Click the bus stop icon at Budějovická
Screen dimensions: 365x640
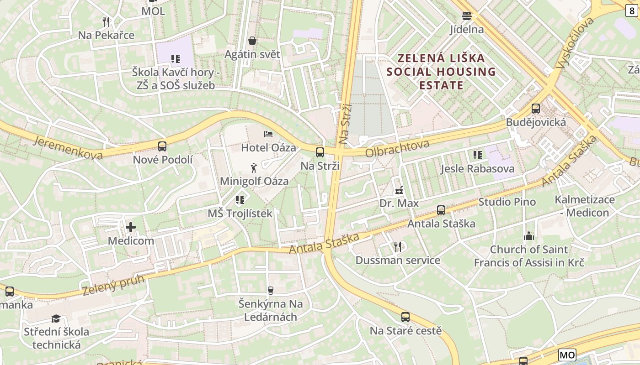tap(536, 109)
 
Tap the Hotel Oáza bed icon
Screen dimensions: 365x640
tap(268, 134)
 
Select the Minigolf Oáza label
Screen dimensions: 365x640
tap(254, 181)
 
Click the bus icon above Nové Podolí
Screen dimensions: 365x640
tap(162, 146)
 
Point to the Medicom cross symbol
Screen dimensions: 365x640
tap(131, 227)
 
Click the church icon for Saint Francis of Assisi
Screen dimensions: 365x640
tap(529, 236)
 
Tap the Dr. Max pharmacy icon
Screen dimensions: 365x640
tap(399, 190)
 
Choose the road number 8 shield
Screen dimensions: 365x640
tap(632, 11)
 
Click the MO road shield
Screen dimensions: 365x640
tap(567, 355)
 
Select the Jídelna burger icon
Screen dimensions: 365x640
tap(466, 16)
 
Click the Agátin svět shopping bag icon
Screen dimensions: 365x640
tap(252, 41)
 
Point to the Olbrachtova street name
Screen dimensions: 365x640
tap(397, 149)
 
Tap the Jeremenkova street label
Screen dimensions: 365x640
tap(68, 147)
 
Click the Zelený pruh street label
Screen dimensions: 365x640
tap(113, 284)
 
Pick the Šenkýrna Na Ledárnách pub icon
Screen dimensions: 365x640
tap(270, 290)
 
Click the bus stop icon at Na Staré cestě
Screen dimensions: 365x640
tap(405, 317)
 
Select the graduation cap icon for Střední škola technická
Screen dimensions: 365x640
tap(56, 318)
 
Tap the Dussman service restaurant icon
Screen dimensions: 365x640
tap(398, 247)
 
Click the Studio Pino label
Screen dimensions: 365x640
tap(507, 202)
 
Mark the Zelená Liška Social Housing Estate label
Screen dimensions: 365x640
tap(441, 72)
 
